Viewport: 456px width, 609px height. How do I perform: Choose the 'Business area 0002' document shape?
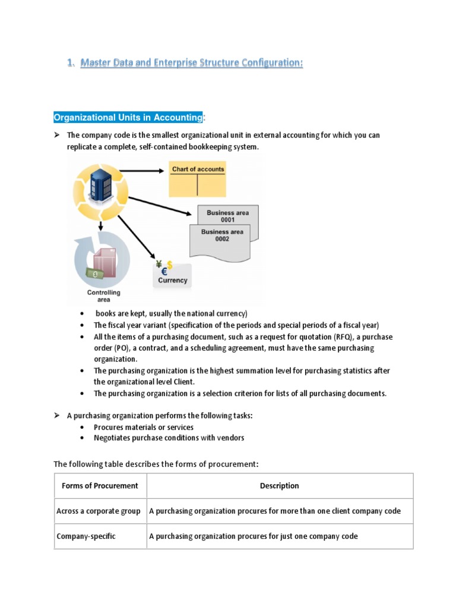coord(221,237)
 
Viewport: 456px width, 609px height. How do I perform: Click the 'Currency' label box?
coord(172,279)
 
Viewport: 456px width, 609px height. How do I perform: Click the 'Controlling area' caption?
coord(104,296)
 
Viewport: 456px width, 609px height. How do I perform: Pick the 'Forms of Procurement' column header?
coord(100,486)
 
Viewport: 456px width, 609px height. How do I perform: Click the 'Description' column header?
coord(279,486)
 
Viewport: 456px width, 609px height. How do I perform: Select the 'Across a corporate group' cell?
coord(99,511)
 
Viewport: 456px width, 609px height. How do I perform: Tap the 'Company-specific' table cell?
coord(86,536)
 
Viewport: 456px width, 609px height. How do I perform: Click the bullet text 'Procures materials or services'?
coord(144,427)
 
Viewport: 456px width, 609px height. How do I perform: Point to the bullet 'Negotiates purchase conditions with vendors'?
coord(169,438)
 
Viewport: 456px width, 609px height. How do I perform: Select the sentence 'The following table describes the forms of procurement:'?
coord(157,464)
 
